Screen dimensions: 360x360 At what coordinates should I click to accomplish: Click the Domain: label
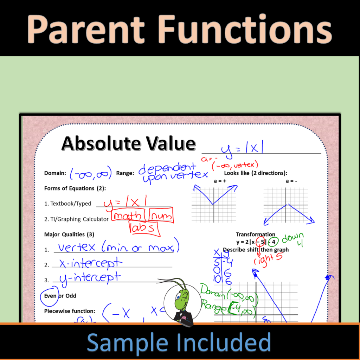tap(55, 173)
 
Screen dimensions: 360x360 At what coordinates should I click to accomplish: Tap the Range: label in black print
tap(125, 173)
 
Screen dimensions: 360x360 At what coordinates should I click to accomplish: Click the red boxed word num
tap(161, 216)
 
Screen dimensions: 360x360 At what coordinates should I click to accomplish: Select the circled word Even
tap(50, 296)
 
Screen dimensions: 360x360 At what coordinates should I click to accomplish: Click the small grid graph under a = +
tap(214, 205)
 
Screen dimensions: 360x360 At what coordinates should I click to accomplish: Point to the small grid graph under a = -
tap(286, 205)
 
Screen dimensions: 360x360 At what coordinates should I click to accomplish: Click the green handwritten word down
tap(292, 238)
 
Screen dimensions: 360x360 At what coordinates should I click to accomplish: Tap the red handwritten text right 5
tap(269, 258)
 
